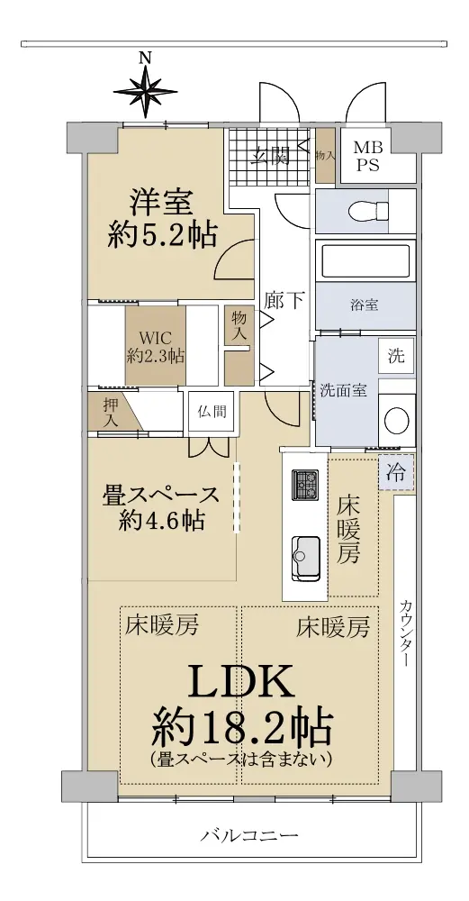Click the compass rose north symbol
pyautogui.click(x=145, y=90)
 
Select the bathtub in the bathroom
pyautogui.click(x=365, y=261)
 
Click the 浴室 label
pyautogui.click(x=364, y=305)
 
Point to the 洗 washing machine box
pyautogui.click(x=397, y=356)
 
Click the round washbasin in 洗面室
pyautogui.click(x=397, y=421)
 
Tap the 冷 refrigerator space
pyautogui.click(x=395, y=472)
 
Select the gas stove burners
pyautogui.click(x=304, y=485)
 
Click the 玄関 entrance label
pyautogui.click(x=273, y=155)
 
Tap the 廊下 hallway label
pyautogui.click(x=284, y=300)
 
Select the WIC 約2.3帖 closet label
pyautogui.click(x=155, y=346)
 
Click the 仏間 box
pyautogui.click(x=212, y=412)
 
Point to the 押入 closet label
pyautogui.click(x=110, y=413)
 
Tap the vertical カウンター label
pyautogui.click(x=405, y=633)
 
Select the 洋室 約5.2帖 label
pyautogui.click(x=162, y=218)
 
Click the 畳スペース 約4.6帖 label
pyautogui.click(x=161, y=507)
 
